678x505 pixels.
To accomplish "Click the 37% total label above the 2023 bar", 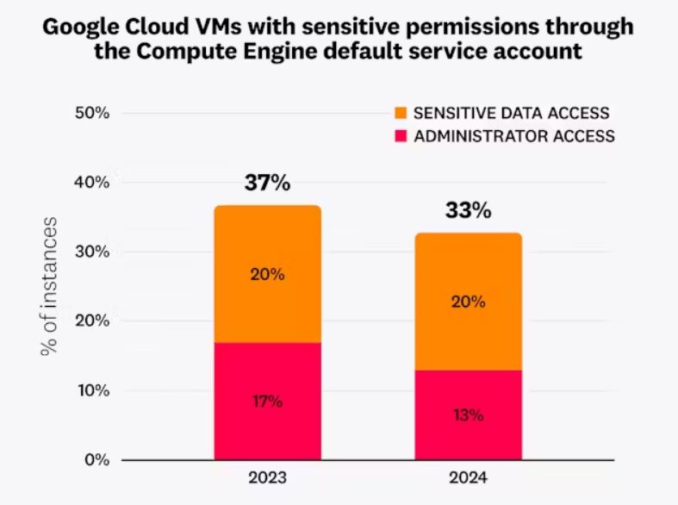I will tap(267, 184).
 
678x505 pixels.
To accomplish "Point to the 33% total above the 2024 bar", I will tap(468, 210).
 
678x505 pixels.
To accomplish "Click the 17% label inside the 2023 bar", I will tap(267, 402).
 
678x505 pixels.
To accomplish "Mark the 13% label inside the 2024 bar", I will tap(468, 415).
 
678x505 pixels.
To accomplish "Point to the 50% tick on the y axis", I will tap(91, 113).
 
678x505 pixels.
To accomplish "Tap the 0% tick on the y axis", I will tap(96, 460).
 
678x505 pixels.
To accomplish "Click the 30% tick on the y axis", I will tap(91, 252).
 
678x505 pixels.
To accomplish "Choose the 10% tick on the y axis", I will tap(91, 390).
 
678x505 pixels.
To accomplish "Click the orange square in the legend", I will tap(401, 113).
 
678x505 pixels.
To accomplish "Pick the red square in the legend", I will tap(401, 135).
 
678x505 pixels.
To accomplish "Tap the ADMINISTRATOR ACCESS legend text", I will tap(514, 135).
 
